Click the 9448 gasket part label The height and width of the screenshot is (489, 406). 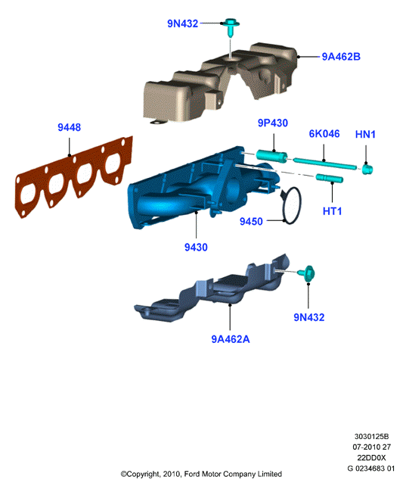click(x=69, y=128)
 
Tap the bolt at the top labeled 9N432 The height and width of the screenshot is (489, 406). click(x=231, y=26)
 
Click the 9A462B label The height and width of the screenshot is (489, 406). click(x=341, y=57)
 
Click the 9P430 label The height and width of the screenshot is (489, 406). click(x=273, y=123)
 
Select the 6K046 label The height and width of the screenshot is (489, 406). click(x=324, y=134)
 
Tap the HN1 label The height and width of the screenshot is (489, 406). click(x=365, y=135)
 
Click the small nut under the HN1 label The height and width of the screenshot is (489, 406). click(x=367, y=169)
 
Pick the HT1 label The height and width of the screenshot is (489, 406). click(x=332, y=211)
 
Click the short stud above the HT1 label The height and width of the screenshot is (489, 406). click(x=330, y=179)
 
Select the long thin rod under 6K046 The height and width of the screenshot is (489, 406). click(x=324, y=163)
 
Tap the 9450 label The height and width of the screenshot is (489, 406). click(x=251, y=222)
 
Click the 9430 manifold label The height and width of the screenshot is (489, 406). click(x=196, y=248)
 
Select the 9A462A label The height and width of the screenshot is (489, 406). click(x=231, y=339)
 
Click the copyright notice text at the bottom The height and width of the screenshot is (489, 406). click(x=201, y=474)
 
